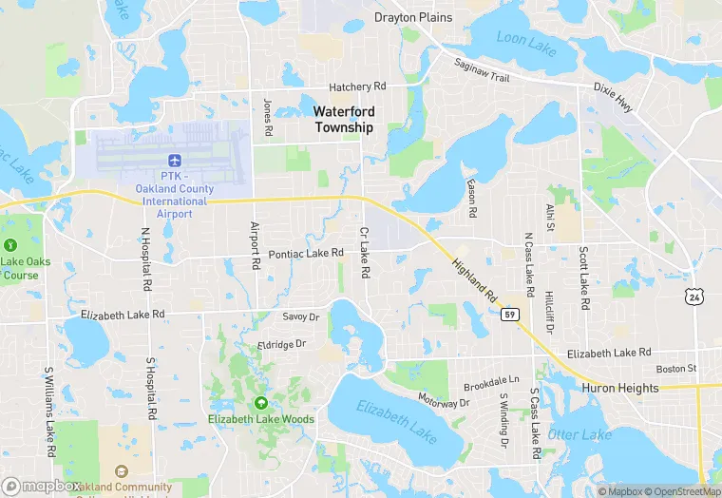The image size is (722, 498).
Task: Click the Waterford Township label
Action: tap(344, 119)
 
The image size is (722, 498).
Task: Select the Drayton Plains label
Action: tap(412, 17)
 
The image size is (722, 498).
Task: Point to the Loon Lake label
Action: tap(525, 40)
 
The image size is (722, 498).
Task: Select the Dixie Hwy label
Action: tap(611, 96)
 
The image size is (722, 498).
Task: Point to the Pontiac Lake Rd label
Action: tap(305, 253)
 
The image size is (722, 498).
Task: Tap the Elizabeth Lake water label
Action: tap(396, 418)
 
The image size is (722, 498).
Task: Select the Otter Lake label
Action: tap(579, 434)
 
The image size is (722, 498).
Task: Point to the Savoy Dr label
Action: tap(300, 316)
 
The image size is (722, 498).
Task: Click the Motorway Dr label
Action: tap(444, 402)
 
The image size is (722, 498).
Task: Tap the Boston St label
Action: tap(676, 369)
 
